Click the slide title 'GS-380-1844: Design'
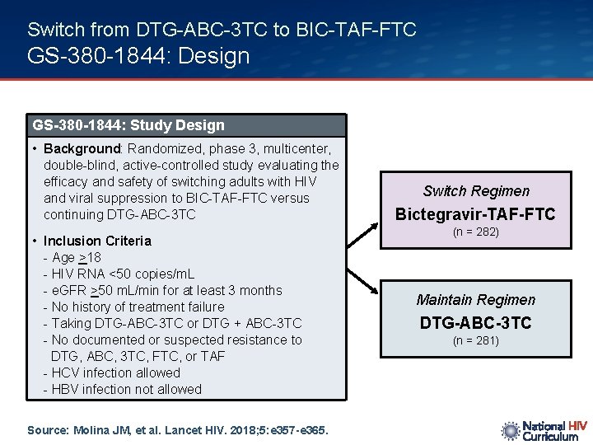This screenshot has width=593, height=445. pyautogui.click(x=138, y=56)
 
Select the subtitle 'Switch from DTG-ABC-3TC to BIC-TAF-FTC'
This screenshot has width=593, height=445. pyautogui.click(x=222, y=30)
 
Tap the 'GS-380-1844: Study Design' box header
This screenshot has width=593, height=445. pyautogui.click(x=128, y=125)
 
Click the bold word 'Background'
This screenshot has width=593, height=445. pyautogui.click(x=82, y=149)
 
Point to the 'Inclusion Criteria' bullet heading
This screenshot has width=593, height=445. pyautogui.click(x=97, y=241)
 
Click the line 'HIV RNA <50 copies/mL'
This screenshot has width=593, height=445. pyautogui.click(x=123, y=274)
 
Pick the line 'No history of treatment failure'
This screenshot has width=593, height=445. pyautogui.click(x=138, y=307)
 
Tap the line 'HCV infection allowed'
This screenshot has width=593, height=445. pyautogui.click(x=116, y=372)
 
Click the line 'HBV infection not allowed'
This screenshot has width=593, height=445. pyautogui.click(x=127, y=389)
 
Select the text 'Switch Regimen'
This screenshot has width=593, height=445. pyautogui.click(x=476, y=191)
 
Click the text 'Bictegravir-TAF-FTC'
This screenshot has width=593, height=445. pyautogui.click(x=475, y=214)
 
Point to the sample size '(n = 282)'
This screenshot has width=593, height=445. pyautogui.click(x=475, y=232)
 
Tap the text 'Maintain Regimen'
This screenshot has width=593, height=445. pyautogui.click(x=475, y=300)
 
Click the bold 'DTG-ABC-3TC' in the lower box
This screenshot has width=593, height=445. pyautogui.click(x=475, y=323)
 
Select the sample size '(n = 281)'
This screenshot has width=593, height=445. pyautogui.click(x=475, y=340)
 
